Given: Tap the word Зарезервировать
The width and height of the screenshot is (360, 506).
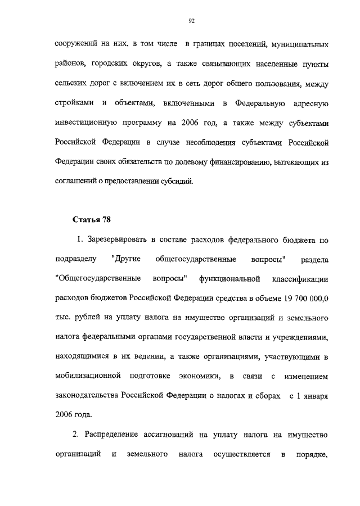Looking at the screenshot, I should point(118,240).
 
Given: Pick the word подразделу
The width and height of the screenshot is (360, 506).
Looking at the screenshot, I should point(76,259).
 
